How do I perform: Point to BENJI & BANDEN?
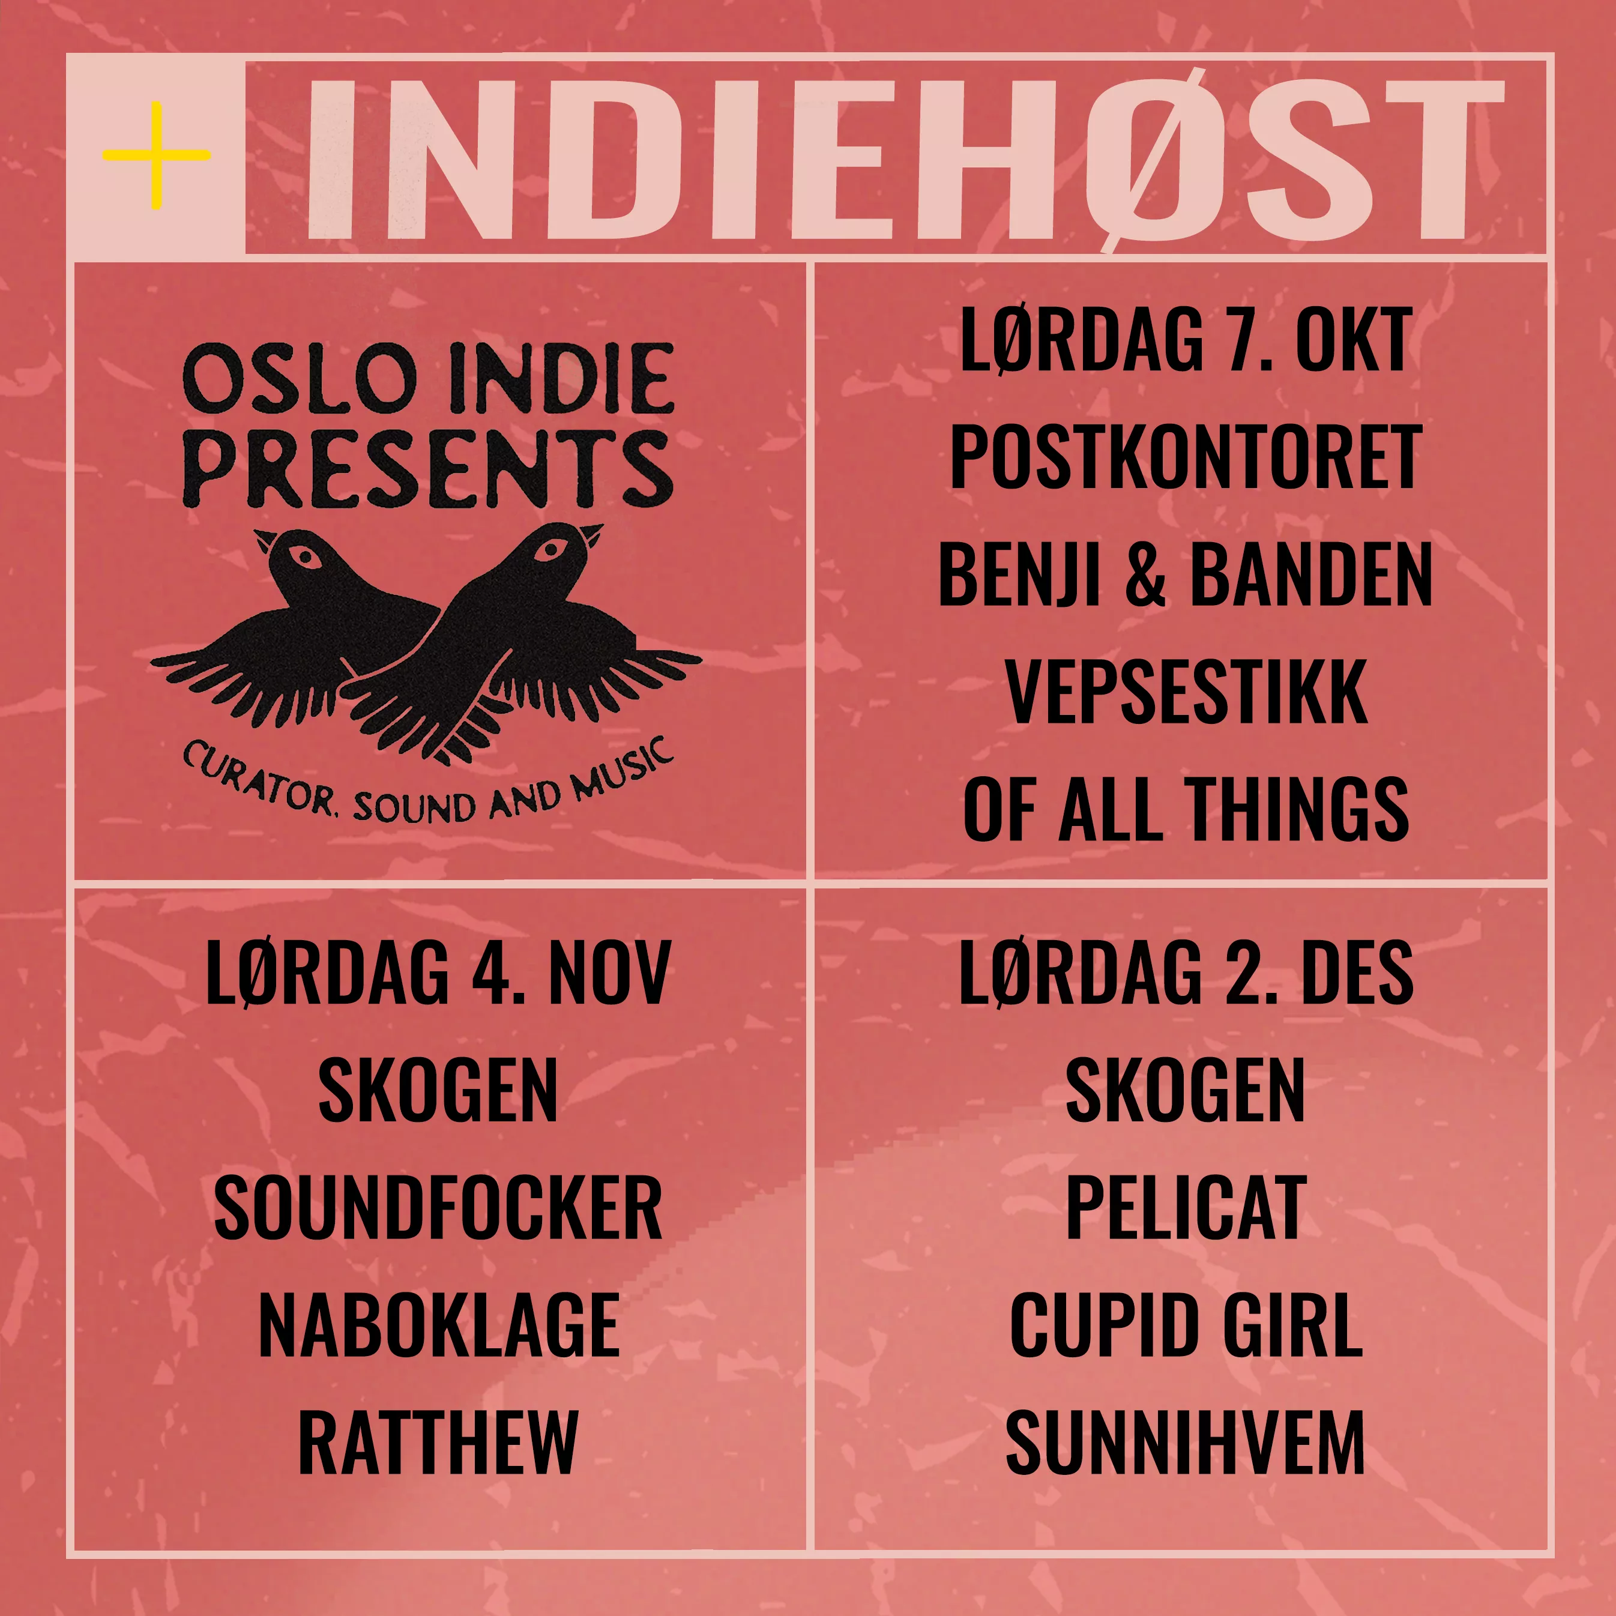1186,574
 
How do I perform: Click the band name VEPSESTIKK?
1186,692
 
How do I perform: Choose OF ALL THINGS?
1186,809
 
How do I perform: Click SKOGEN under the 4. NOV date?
438,1090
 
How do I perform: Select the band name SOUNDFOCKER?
438,1208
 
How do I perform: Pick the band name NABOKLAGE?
438,1325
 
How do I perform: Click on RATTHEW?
438,1442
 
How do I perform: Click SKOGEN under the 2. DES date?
1186,1090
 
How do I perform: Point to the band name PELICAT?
1186,1208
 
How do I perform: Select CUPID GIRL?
1186,1325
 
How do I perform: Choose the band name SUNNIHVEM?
1186,1442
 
